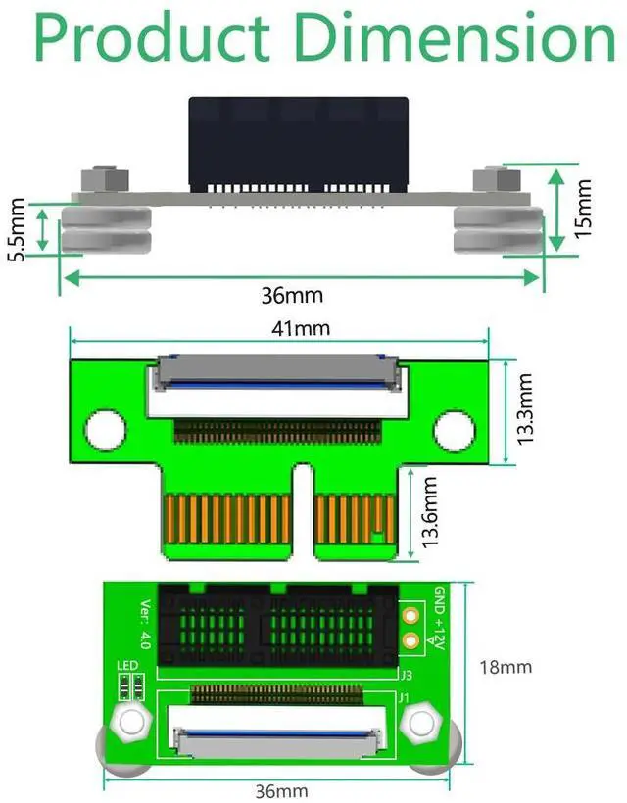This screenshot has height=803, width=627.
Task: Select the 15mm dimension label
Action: coord(583,207)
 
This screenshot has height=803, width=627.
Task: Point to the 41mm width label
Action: coord(300,328)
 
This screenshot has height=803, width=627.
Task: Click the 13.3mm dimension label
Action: coord(526,409)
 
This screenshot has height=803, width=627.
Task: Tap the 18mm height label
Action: coord(505,668)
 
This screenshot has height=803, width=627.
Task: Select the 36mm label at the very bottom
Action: coord(281,790)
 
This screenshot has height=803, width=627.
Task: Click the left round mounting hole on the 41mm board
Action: coord(106,428)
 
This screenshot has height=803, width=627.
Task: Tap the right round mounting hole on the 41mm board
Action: coord(454,428)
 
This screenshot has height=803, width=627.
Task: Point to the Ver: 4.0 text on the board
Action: coord(145,624)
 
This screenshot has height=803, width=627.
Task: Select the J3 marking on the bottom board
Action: coord(405,675)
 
